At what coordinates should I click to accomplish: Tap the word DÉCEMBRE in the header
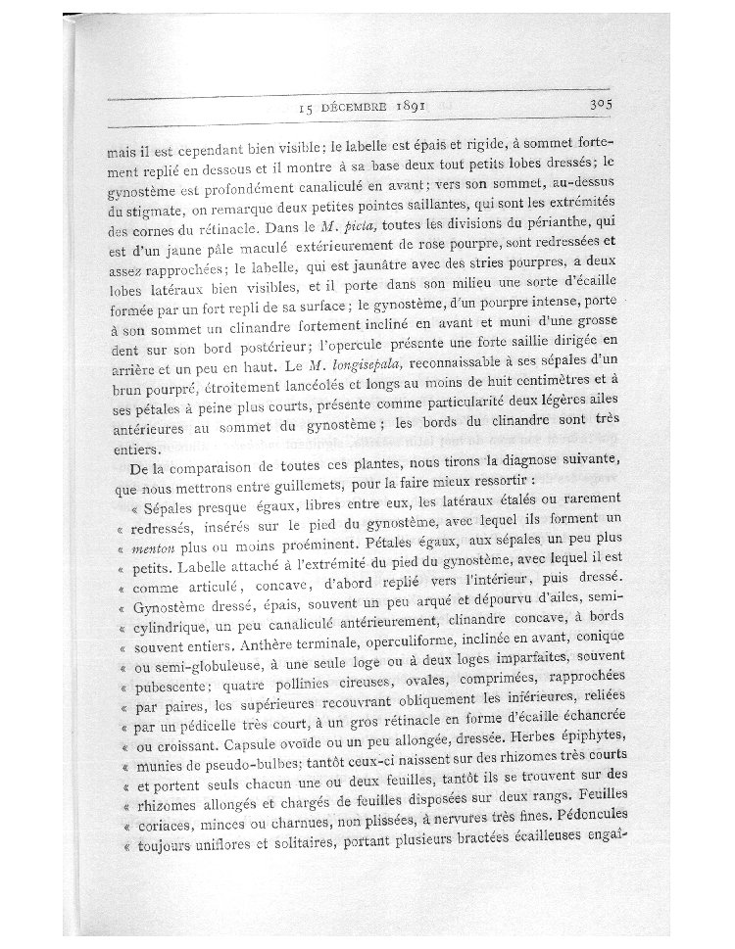[x=356, y=107]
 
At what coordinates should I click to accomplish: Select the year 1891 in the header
[x=417, y=105]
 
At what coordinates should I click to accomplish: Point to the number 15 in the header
[x=304, y=108]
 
